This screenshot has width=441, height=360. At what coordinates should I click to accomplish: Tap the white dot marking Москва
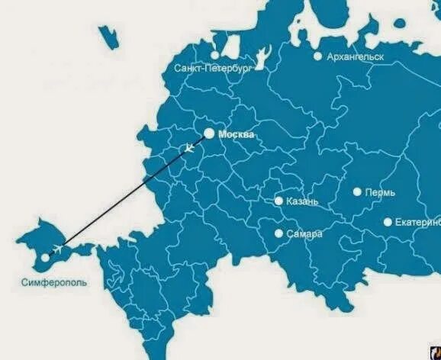point(208,133)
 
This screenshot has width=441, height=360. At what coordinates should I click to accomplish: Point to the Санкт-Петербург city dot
point(215,55)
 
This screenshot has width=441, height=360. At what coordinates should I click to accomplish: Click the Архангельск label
point(355,56)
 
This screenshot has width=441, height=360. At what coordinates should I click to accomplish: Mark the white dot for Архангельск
point(317,56)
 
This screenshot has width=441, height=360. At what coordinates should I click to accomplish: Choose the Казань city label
point(302,202)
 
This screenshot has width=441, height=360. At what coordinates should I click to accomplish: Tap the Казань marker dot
point(279,201)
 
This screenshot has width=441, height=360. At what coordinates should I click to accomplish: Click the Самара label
point(304,234)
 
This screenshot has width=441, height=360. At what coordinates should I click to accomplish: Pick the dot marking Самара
point(279,233)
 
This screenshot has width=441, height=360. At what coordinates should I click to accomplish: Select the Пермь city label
point(380,192)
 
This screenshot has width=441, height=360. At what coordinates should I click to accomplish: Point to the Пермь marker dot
point(357,192)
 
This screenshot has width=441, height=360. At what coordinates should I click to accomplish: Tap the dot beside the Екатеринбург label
point(388,222)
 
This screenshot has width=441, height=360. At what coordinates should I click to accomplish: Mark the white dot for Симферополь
point(44,258)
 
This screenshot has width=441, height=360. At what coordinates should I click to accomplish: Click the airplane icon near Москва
point(190,147)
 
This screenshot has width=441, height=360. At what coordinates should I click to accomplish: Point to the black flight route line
point(122,199)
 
